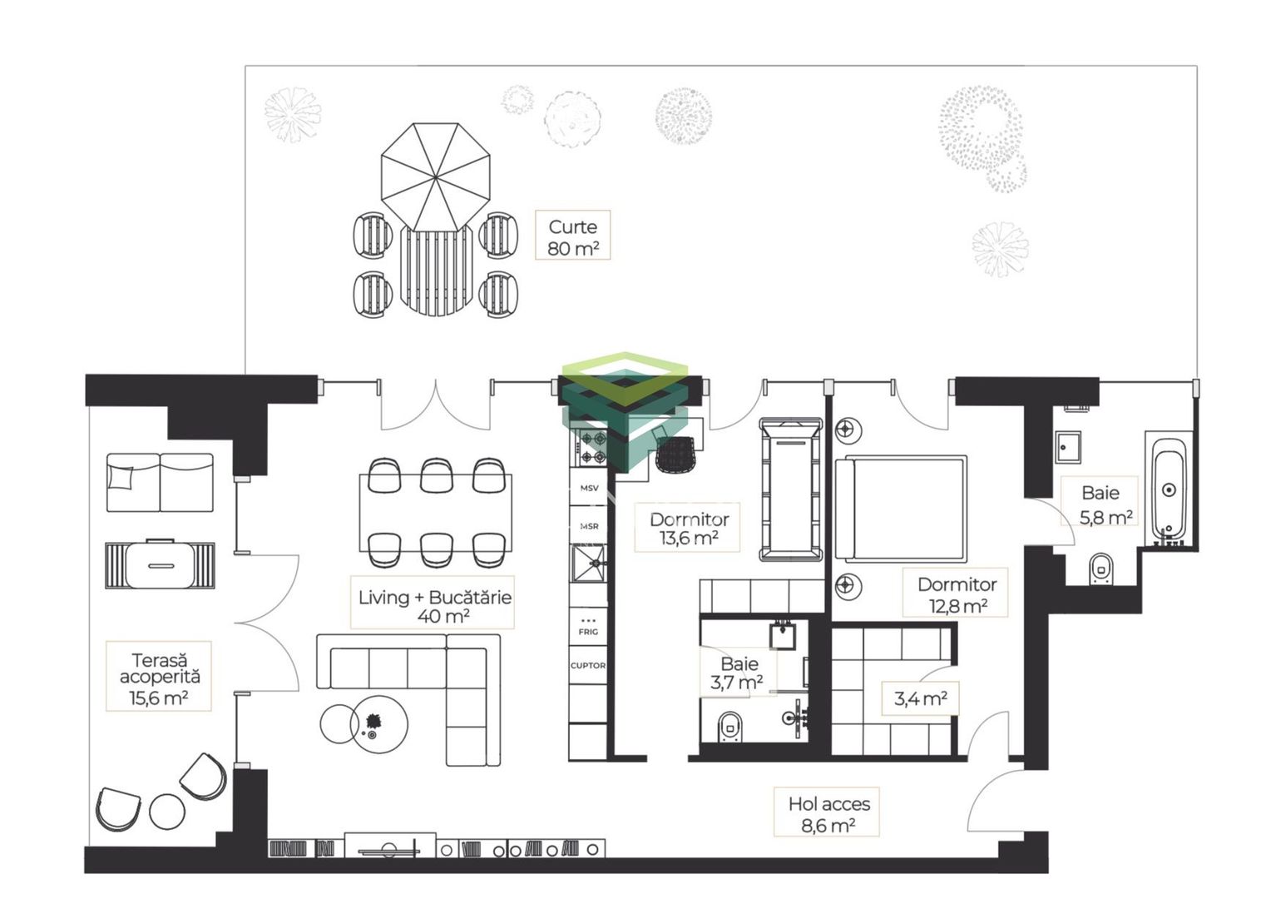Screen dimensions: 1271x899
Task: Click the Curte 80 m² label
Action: click(x=573, y=237)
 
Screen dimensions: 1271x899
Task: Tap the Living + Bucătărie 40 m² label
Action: click(x=435, y=606)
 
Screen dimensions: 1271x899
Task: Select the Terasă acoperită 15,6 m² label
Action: click(x=160, y=678)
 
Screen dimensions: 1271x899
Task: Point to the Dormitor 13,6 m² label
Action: click(x=689, y=528)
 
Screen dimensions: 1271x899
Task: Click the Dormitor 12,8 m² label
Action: click(x=957, y=594)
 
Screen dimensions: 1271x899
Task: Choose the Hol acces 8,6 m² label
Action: click(x=828, y=814)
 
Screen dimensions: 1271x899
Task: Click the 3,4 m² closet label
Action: click(x=920, y=698)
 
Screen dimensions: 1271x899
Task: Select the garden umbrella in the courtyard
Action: click(x=435, y=178)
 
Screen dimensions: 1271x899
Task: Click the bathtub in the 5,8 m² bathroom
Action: click(x=1169, y=489)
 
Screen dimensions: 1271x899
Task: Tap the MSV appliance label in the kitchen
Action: click(x=589, y=488)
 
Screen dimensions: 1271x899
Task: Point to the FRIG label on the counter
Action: click(x=588, y=632)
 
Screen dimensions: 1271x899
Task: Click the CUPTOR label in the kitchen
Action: click(x=588, y=665)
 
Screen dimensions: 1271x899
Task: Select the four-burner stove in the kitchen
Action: click(x=592, y=447)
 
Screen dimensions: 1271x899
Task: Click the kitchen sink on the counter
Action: click(x=588, y=563)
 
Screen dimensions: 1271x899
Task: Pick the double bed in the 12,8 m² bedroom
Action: click(x=901, y=509)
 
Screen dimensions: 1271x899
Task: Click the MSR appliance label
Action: click(x=589, y=526)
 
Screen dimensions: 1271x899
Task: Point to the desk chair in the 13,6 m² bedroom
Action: click(x=675, y=453)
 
